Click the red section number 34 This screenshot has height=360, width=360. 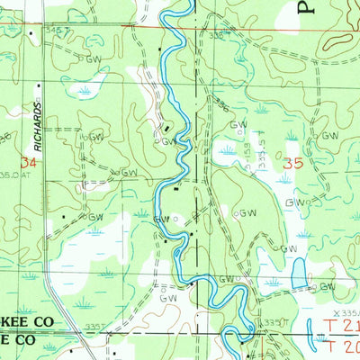pyautogui.click(x=31, y=163)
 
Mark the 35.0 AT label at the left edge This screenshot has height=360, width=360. pyautogui.click(x=11, y=175)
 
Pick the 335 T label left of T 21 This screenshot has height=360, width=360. pyautogui.click(x=273, y=322)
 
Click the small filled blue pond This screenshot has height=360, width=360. pyautogui.click(x=299, y=271)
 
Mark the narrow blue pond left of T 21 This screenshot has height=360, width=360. pyautogui.click(x=316, y=337)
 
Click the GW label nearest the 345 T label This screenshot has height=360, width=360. pyautogui.click(x=94, y=58)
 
